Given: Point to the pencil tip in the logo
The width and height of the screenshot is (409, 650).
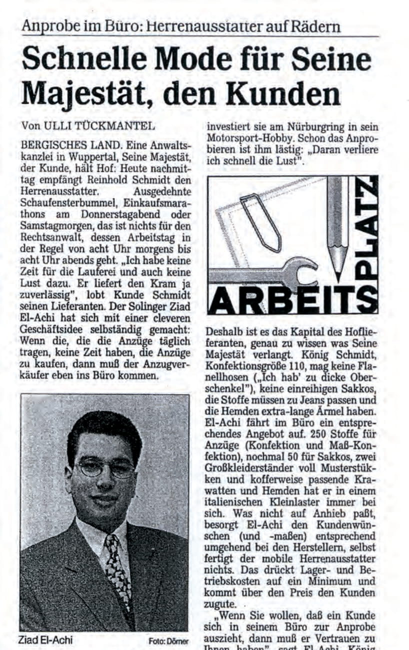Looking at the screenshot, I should click(x=338, y=272).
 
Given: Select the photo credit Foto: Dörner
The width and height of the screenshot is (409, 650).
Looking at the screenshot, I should click(x=168, y=641).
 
